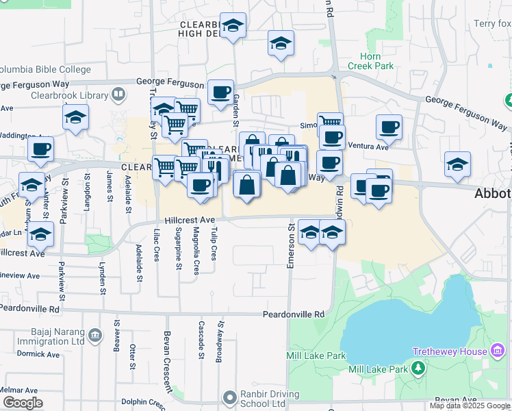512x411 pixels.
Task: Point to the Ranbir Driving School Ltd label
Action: [x=270, y=399]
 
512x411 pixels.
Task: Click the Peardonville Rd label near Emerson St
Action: [x=294, y=314]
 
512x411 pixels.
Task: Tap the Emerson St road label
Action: [x=290, y=245]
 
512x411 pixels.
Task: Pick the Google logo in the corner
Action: [x=22, y=403]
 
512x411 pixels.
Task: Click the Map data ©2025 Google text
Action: [x=470, y=406]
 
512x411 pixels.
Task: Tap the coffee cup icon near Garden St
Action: [x=220, y=92]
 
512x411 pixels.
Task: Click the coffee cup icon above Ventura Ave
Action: [x=389, y=127]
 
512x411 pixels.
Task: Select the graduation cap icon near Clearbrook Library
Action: [x=76, y=118]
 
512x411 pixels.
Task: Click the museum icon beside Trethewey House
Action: [x=497, y=351]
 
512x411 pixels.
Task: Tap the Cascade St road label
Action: [x=201, y=340]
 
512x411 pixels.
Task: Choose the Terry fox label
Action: [x=492, y=24]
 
